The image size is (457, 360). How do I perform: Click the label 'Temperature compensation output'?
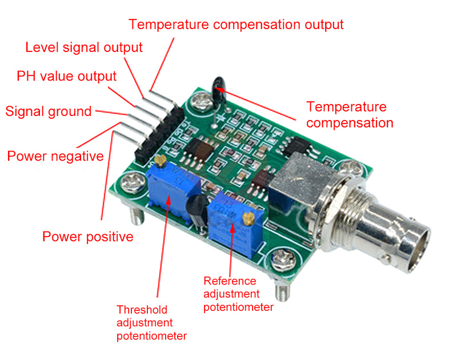tap(236, 25)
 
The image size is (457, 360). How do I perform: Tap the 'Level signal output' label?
tap(84, 47)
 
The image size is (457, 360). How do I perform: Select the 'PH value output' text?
tap(67, 77)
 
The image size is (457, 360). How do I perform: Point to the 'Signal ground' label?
tap(49, 111)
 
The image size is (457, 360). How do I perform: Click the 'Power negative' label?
tap(55, 156)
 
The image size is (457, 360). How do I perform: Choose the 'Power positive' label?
tap(87, 237)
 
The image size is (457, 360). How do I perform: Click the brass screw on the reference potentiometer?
tap(248, 218)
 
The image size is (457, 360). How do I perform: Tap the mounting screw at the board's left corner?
tap(129, 185)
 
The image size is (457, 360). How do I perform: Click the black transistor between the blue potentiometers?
tap(197, 209)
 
